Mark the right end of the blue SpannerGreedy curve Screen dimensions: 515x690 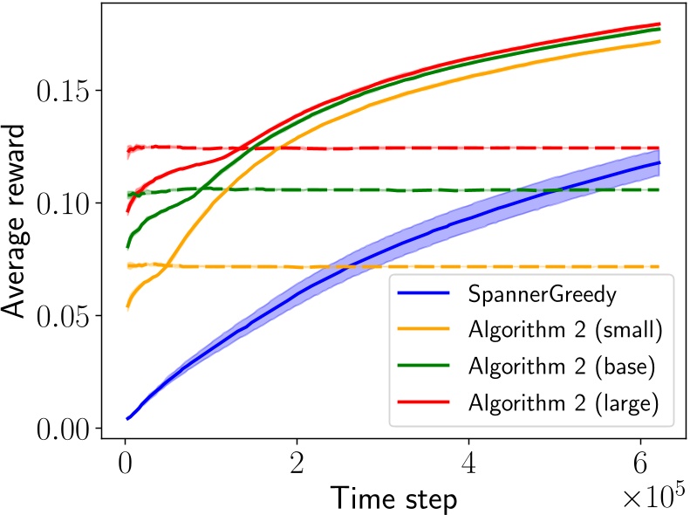point(659,162)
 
